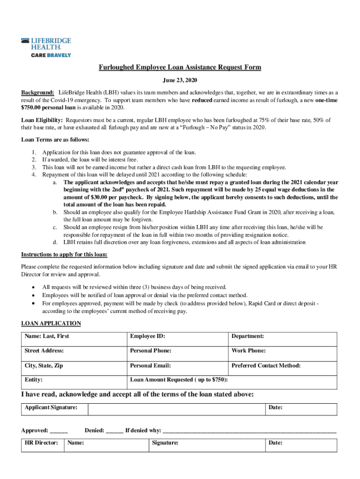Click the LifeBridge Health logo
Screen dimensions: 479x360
(46, 48)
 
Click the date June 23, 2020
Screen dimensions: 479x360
(180, 80)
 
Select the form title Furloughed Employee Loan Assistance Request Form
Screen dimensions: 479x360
(180, 68)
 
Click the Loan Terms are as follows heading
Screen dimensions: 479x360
(55, 139)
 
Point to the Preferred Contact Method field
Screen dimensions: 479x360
(282, 368)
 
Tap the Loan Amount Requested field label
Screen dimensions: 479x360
(182, 380)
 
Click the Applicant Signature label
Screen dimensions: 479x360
(51, 407)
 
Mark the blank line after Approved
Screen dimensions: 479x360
(59, 431)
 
